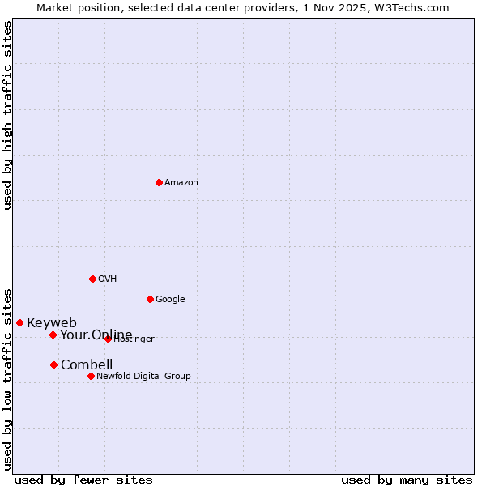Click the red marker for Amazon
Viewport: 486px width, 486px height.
click(159, 182)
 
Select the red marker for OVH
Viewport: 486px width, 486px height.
click(92, 279)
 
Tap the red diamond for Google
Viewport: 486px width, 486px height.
click(150, 299)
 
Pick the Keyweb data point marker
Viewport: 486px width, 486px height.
click(19, 322)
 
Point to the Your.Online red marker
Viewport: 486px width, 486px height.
click(53, 335)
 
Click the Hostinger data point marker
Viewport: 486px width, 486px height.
click(108, 339)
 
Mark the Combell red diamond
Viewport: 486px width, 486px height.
click(53, 364)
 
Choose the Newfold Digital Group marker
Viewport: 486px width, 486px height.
click(91, 376)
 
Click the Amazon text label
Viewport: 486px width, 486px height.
click(181, 183)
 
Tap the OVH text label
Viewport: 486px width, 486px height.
click(108, 279)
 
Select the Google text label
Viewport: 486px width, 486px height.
click(170, 300)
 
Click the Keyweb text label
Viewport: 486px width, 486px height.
click(52, 323)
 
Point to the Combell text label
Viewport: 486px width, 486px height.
click(87, 364)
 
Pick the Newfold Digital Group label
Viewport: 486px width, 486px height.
click(143, 376)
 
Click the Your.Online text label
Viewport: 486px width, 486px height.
click(96, 335)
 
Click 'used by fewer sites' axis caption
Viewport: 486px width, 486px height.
click(83, 480)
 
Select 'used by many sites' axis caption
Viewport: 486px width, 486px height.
click(407, 480)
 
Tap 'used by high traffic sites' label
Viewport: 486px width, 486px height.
click(7, 115)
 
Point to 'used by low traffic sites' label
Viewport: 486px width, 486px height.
click(7, 378)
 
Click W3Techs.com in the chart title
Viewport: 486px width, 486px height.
click(416, 7)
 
